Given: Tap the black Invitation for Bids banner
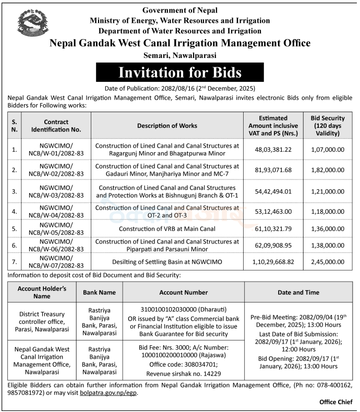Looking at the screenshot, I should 180,71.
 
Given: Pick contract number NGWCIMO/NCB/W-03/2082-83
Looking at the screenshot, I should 56,190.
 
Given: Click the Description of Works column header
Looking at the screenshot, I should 167,126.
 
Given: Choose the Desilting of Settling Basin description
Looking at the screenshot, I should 167,261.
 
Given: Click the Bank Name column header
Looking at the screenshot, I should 99,293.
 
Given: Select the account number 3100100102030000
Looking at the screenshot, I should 186,310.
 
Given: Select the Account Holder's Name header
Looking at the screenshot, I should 42,293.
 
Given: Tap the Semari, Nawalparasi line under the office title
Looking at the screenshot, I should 180,55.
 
